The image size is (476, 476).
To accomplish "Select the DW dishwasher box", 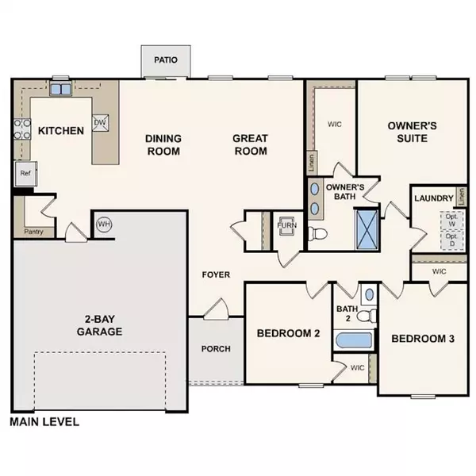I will [x=100, y=123].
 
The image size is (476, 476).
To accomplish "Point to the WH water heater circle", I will [x=103, y=225].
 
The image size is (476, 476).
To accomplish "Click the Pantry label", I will [x=33, y=232].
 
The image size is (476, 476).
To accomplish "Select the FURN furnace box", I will [x=286, y=225].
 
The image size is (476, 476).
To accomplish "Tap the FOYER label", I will [x=215, y=275].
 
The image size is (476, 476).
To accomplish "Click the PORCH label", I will [x=216, y=348].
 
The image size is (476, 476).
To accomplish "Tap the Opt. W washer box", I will [x=451, y=220].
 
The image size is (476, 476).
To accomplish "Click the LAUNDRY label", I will [x=434, y=198].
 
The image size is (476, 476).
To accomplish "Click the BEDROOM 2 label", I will [x=288, y=334].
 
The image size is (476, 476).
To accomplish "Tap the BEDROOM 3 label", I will [x=423, y=339].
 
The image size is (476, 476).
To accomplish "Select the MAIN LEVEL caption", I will [x=44, y=422].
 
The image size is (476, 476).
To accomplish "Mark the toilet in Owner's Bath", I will [x=318, y=234].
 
